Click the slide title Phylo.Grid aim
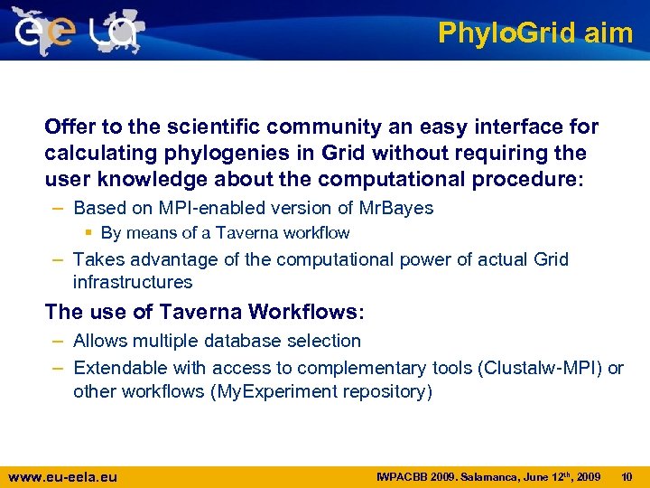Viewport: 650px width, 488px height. point(534,33)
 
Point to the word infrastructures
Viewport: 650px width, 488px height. point(133,282)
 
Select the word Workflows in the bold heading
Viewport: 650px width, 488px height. point(302,313)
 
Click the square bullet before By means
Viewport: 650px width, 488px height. point(92,233)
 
